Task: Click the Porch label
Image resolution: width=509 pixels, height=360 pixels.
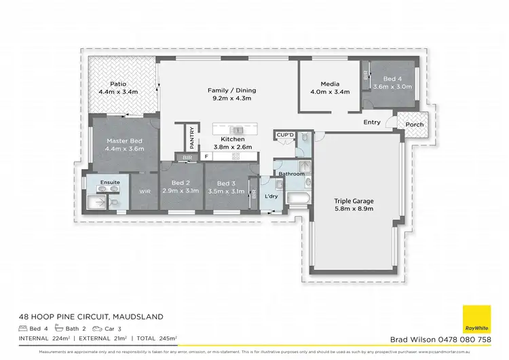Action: click(x=414, y=124)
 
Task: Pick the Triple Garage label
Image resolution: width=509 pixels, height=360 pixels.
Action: click(x=354, y=200)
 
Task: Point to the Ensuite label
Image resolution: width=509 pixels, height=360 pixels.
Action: click(x=111, y=183)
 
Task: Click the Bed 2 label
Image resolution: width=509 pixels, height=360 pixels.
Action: click(x=180, y=183)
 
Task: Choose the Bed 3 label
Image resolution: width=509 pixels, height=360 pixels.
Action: click(x=225, y=183)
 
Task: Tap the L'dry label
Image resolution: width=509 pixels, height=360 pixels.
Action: click(x=271, y=196)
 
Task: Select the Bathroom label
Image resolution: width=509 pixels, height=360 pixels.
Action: click(x=290, y=174)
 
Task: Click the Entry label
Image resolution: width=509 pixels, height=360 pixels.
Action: click(x=372, y=122)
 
